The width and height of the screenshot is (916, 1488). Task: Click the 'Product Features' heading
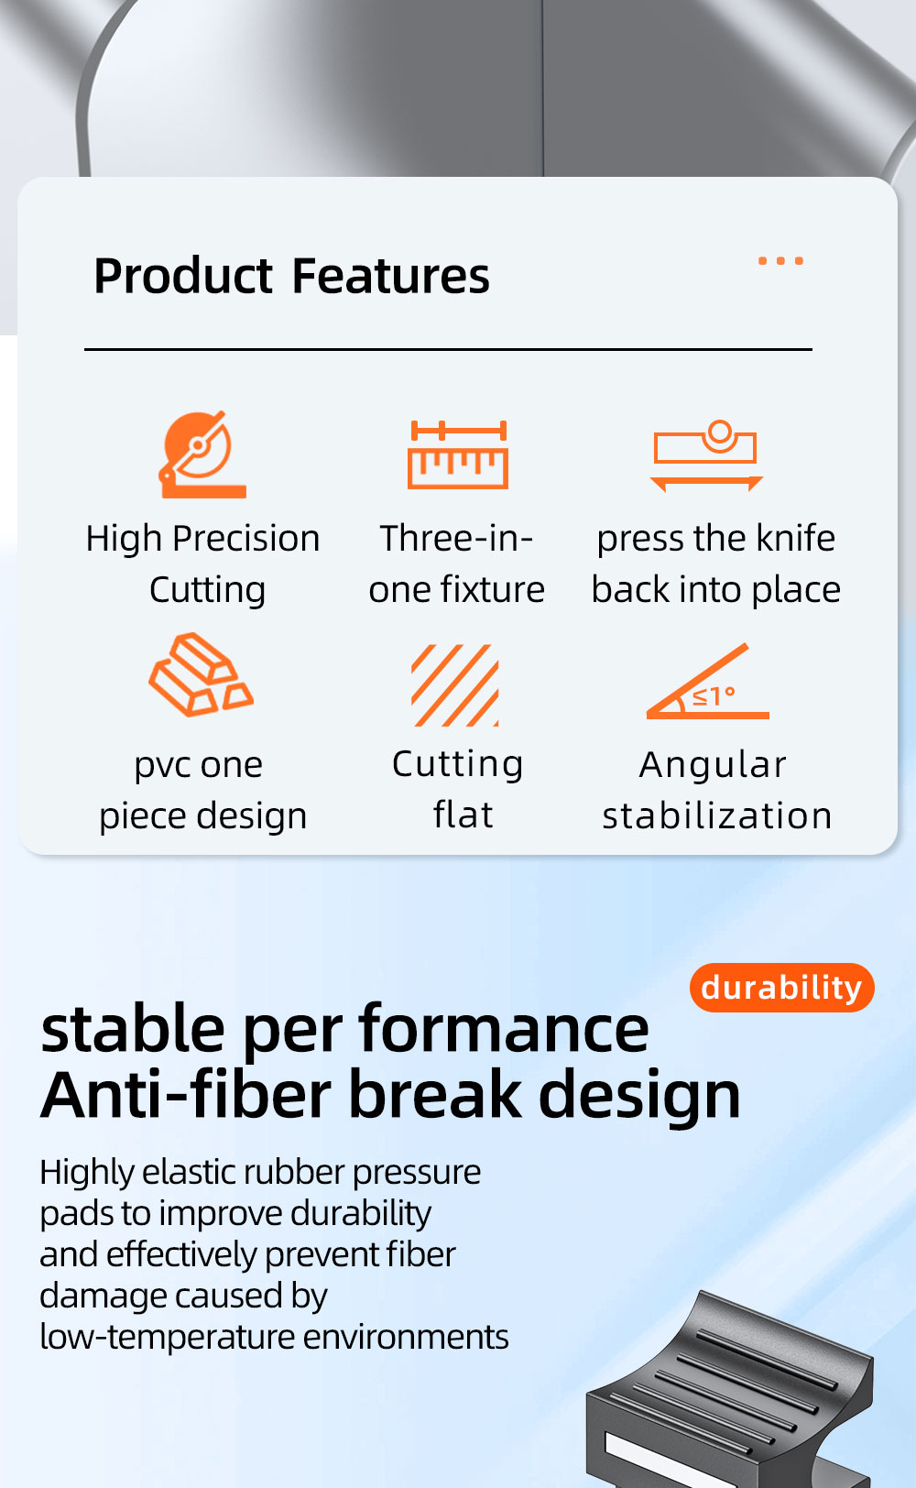point(291,276)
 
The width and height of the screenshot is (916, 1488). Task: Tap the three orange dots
point(780,261)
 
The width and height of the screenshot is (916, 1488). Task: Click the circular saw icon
point(202,454)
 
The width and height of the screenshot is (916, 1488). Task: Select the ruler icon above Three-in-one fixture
point(458,454)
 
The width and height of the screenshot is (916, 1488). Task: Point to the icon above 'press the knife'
point(706,455)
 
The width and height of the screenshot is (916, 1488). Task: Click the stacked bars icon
point(201,674)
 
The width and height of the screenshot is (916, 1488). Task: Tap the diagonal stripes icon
point(455,684)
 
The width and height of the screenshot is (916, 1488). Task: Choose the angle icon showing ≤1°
point(707,681)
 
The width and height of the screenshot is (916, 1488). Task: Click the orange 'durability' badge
point(782,987)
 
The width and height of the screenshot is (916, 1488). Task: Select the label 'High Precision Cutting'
point(203,563)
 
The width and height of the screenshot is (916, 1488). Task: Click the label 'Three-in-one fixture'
point(457,563)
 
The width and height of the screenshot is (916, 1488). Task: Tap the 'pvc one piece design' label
point(202,791)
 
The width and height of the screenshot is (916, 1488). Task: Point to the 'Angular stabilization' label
point(717,790)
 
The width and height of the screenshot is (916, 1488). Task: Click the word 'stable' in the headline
point(133,1028)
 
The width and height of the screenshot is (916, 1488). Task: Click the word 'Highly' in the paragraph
point(85,1173)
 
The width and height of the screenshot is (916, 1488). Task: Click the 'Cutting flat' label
point(458,789)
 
